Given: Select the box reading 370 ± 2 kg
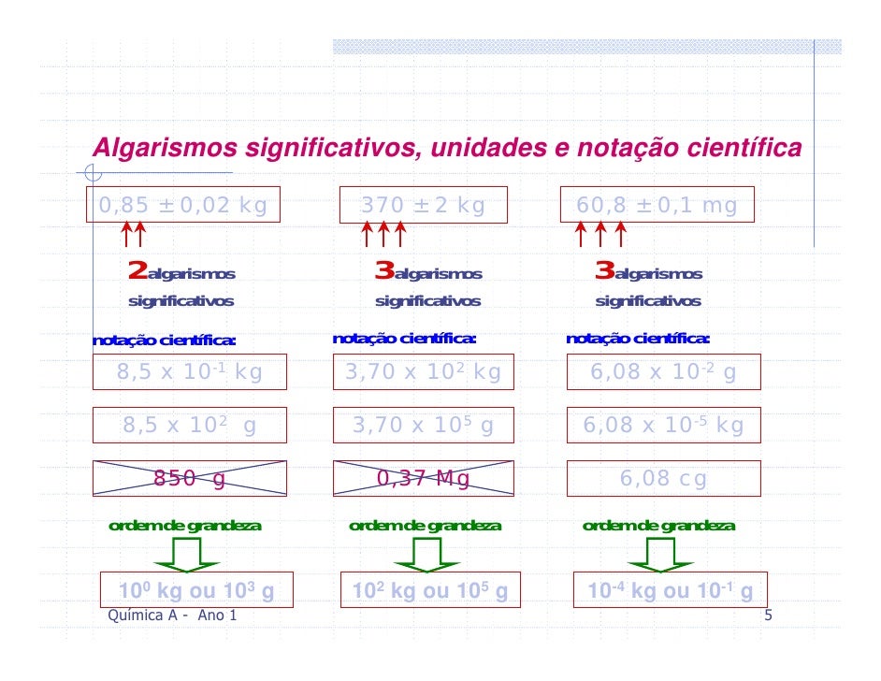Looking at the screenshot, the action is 424,205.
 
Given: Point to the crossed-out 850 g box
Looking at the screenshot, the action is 190,479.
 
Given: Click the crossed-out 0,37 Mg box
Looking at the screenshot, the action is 423,479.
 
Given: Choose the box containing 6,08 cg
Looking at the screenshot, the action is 663,479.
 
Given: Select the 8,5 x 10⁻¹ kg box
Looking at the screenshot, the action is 190,372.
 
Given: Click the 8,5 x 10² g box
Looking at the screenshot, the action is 190,426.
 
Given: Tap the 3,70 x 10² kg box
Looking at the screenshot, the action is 423,372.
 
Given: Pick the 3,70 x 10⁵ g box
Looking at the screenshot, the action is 423,426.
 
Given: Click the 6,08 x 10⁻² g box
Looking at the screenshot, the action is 663,372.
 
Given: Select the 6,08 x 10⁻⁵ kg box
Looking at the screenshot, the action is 663,426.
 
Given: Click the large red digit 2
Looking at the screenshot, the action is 137,272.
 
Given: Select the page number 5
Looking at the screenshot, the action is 768,615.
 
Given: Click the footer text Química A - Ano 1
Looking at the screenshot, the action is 173,615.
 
